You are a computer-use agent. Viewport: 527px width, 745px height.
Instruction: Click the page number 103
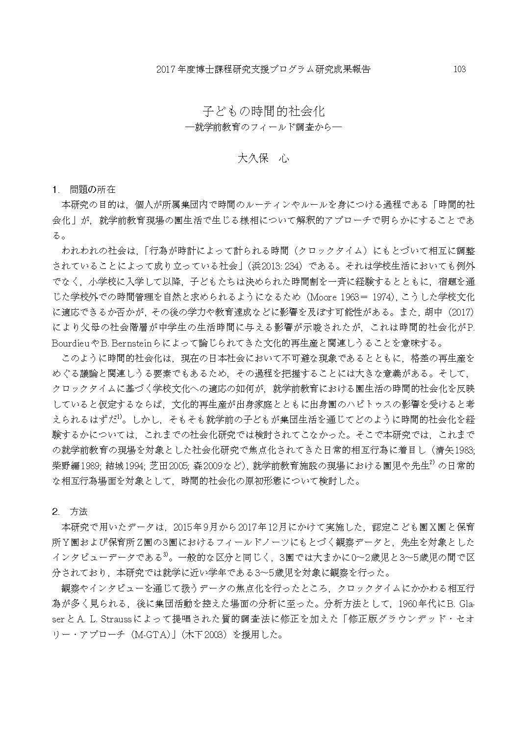(459, 69)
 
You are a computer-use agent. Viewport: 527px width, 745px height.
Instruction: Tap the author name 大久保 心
(263, 159)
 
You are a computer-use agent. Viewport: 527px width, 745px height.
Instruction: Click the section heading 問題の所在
(93, 189)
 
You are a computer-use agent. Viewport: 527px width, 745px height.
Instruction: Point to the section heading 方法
(78, 511)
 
